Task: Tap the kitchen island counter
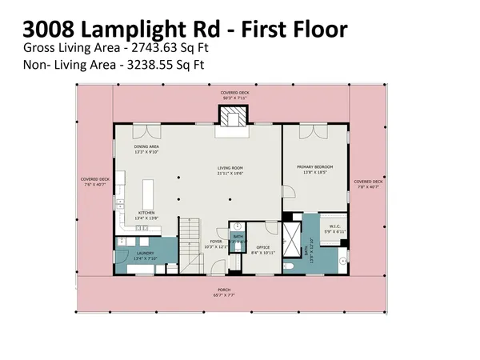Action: [147, 195]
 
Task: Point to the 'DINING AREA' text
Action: [146, 146]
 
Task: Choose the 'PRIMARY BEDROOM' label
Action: [314, 166]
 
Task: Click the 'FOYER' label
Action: [215, 241]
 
